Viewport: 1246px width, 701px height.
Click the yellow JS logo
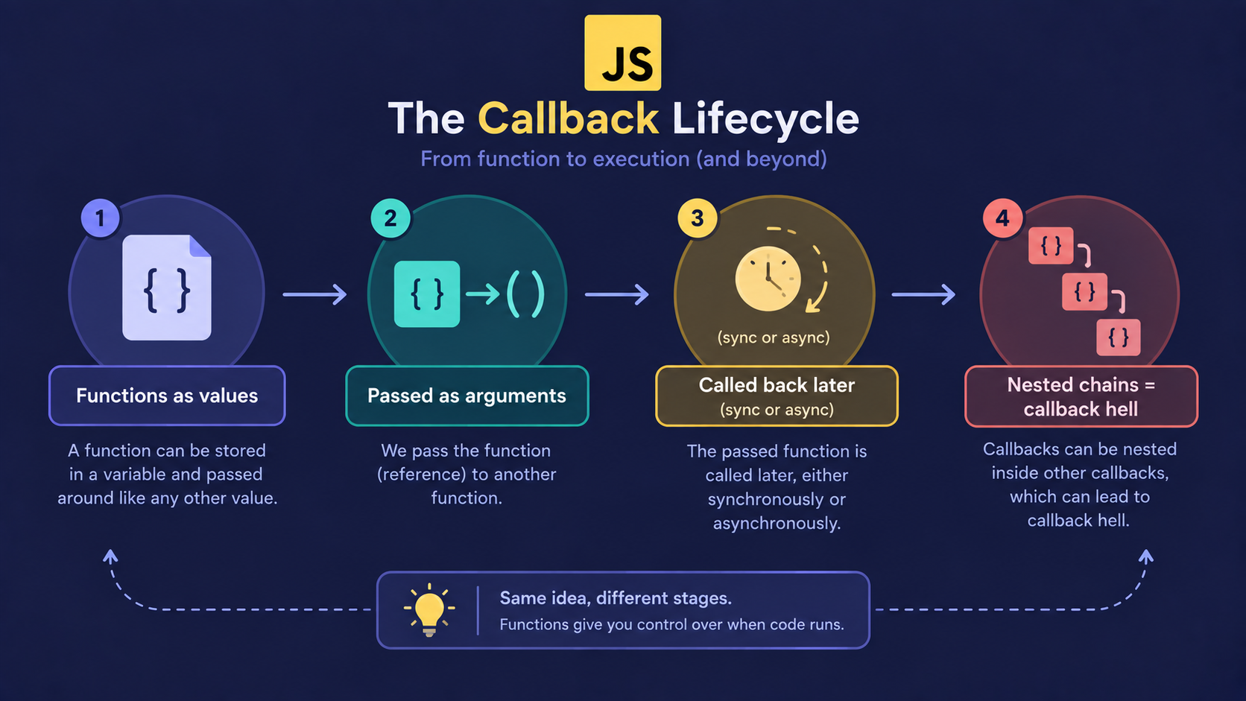pyautogui.click(x=622, y=53)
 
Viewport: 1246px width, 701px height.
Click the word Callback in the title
pyautogui.click(x=568, y=118)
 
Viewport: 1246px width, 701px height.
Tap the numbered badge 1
pyautogui.click(x=100, y=218)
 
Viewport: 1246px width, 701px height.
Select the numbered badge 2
pyautogui.click(x=390, y=218)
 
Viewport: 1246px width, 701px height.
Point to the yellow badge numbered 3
pyautogui.click(x=697, y=218)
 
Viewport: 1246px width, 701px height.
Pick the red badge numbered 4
pyautogui.click(x=1002, y=218)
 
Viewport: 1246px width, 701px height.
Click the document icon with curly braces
pyautogui.click(x=167, y=288)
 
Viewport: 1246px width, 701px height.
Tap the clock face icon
pyautogui.click(x=768, y=279)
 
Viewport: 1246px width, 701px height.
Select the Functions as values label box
pyautogui.click(x=167, y=396)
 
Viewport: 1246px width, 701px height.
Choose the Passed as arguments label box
pyautogui.click(x=467, y=396)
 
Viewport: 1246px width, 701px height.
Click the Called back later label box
pyautogui.click(x=777, y=396)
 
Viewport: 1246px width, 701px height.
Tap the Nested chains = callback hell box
pyautogui.click(x=1081, y=396)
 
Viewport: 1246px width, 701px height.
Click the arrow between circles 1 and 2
pyautogui.click(x=314, y=294)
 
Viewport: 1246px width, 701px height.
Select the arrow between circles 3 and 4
pyautogui.click(x=923, y=294)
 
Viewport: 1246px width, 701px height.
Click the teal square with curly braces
pyautogui.click(x=427, y=294)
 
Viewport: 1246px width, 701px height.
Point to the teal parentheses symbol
pyautogui.click(x=525, y=294)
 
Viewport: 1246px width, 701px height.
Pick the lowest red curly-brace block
pyautogui.click(x=1118, y=337)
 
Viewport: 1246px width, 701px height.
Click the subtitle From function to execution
pyautogui.click(x=623, y=159)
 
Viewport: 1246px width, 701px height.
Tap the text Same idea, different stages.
pyautogui.click(x=616, y=598)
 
